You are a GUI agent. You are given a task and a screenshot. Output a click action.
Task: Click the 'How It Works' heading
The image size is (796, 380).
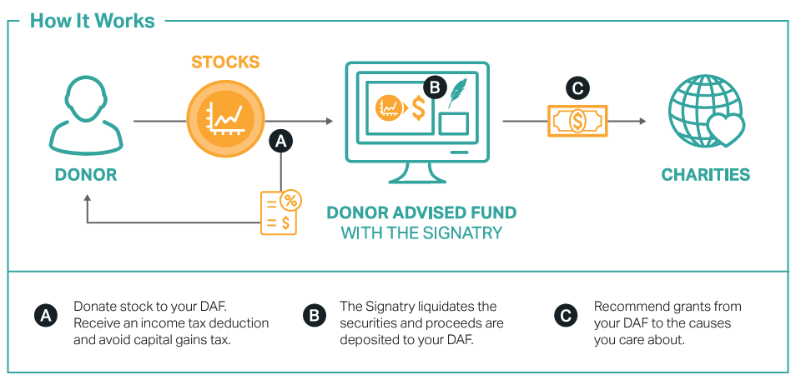(x=93, y=21)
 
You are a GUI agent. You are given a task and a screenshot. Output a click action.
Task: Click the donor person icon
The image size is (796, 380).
(x=86, y=113)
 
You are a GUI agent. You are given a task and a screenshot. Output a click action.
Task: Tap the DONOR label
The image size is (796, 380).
(x=86, y=175)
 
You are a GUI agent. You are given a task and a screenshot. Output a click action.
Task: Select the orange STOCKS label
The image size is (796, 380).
(x=225, y=62)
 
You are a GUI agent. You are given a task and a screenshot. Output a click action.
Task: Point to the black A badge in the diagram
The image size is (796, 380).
(x=281, y=142)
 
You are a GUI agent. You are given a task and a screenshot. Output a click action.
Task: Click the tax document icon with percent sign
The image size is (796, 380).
(x=280, y=212)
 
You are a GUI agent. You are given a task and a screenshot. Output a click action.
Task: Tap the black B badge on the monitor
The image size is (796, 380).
(x=434, y=86)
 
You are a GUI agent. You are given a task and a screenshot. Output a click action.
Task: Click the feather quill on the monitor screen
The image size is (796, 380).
(x=457, y=94)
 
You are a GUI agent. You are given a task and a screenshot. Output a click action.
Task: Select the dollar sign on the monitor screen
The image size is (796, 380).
(x=417, y=107)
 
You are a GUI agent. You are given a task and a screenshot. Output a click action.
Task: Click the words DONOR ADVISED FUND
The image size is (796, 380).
(x=421, y=212)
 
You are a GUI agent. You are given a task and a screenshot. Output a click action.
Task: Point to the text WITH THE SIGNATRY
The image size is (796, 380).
(x=421, y=232)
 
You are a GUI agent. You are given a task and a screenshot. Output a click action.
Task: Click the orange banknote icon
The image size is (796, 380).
(x=577, y=121)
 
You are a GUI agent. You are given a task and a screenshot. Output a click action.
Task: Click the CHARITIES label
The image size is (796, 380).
(x=706, y=175)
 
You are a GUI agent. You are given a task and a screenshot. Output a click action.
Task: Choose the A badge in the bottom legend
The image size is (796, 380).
(x=45, y=316)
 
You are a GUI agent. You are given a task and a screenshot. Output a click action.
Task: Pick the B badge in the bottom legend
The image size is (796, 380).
(x=313, y=316)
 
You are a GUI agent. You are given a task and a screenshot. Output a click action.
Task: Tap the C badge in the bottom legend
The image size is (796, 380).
(x=565, y=316)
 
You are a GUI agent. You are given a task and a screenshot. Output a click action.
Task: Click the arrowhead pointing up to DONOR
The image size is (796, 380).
(x=86, y=199)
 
